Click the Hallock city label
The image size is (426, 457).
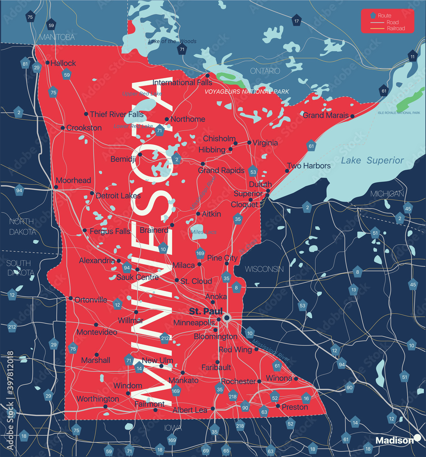(x=63, y=63)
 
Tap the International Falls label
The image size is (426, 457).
(x=182, y=83)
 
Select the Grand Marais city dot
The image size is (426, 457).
(x=352, y=116)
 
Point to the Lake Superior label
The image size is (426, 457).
(x=372, y=160)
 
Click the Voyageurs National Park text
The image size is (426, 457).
(x=247, y=92)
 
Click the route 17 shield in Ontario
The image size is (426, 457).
(x=297, y=21)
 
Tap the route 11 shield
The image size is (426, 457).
(x=413, y=56)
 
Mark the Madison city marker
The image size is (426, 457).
(x=417, y=438)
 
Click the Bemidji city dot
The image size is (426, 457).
(x=140, y=154)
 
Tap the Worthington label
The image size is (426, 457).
(x=97, y=399)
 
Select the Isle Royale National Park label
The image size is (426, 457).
(x=398, y=112)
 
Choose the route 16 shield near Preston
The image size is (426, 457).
(x=306, y=399)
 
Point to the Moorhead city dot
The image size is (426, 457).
(x=56, y=187)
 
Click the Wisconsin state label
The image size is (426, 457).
(x=264, y=269)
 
